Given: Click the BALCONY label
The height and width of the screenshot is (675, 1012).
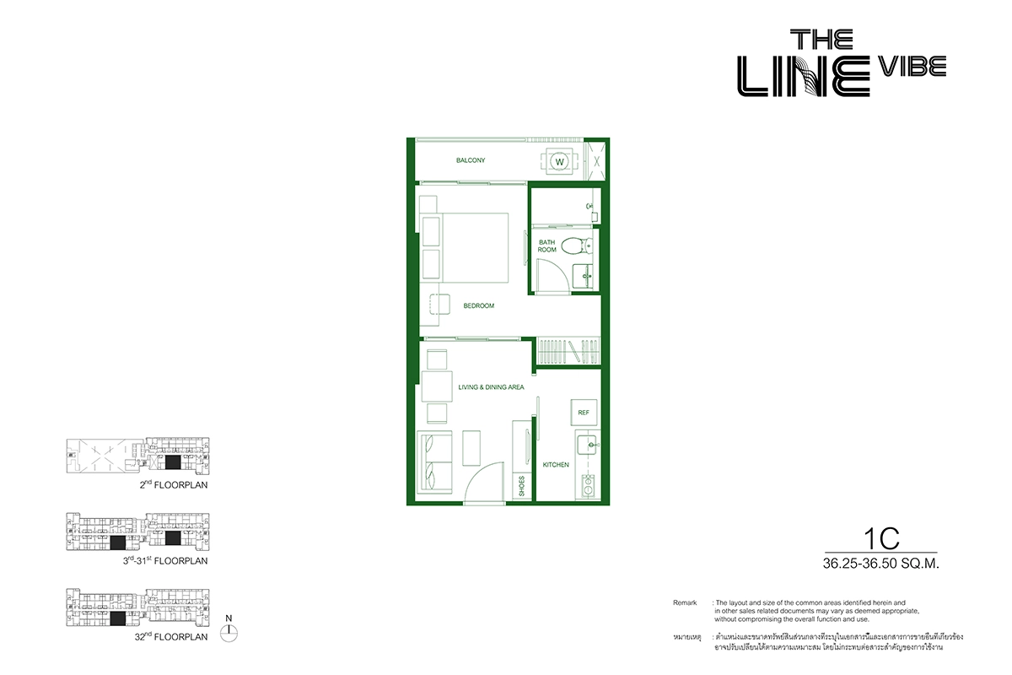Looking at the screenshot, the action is [x=471, y=160].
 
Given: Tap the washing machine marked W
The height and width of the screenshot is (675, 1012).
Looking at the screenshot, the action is [x=560, y=161].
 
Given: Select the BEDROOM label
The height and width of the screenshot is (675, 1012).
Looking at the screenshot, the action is [x=479, y=306].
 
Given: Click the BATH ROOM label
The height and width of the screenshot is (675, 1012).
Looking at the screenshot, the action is [x=546, y=246].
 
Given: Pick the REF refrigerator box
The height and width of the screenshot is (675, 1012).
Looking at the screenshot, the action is [x=584, y=413].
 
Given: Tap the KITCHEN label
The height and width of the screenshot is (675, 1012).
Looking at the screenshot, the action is [x=556, y=465].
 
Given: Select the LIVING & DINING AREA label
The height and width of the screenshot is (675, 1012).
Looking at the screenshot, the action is [x=491, y=387].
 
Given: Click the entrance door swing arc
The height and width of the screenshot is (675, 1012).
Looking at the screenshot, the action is [x=478, y=470].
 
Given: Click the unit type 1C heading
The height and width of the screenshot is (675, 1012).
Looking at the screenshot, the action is [x=881, y=539].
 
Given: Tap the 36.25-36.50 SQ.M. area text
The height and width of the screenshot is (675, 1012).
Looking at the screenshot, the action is [x=881, y=564].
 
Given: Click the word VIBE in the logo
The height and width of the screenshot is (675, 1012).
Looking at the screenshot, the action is [x=912, y=67].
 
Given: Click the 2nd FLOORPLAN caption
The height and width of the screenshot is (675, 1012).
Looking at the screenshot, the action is [x=174, y=484].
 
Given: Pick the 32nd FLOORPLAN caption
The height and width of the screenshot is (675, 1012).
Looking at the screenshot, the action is [x=171, y=636].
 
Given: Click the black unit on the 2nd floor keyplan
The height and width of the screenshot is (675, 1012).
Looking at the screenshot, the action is [x=173, y=462].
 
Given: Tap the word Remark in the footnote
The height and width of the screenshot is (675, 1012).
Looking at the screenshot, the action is [x=685, y=602].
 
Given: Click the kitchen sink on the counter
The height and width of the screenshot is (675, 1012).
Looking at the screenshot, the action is [x=588, y=445].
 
